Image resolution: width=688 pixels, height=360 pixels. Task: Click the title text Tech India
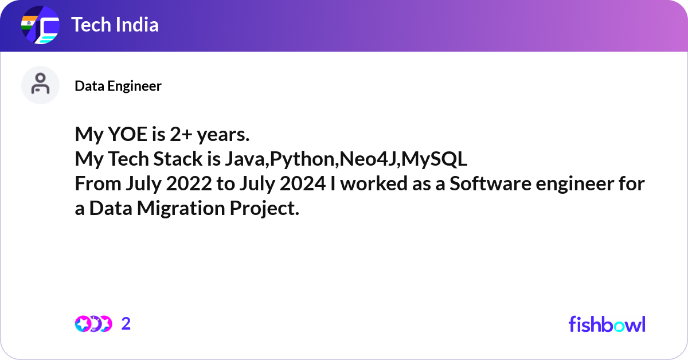115,25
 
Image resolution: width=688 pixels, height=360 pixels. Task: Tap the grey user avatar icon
40,85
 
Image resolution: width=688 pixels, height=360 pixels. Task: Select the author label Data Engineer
118,86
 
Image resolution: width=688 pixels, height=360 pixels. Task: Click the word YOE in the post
122,135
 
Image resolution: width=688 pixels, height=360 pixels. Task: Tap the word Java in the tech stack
241,160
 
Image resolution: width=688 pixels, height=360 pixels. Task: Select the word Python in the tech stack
303,160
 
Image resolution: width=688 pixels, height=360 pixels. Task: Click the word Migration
181,209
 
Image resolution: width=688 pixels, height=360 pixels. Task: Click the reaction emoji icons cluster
93,324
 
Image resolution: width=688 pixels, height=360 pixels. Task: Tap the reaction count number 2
126,324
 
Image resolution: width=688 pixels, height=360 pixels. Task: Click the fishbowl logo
607,324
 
